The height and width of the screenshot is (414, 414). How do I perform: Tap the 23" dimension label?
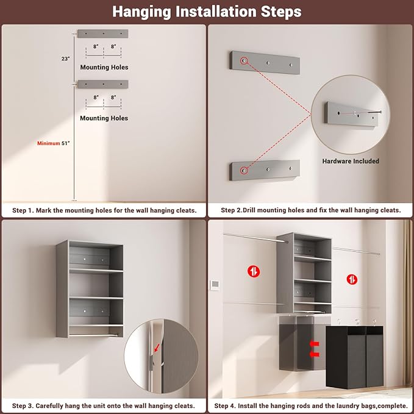point(66,59)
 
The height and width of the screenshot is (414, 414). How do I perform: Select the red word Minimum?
point(48,143)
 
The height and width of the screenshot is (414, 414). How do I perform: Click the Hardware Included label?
point(351,161)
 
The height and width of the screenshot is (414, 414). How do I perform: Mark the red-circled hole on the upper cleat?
point(244,62)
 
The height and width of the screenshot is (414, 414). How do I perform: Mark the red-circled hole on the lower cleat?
point(244,170)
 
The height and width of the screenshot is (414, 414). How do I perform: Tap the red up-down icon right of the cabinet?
point(352,279)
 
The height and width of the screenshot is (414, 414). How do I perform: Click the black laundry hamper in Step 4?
point(354,355)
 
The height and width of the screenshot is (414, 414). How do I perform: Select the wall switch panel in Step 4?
point(215,285)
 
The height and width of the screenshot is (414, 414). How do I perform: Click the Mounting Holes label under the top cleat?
point(104,67)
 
